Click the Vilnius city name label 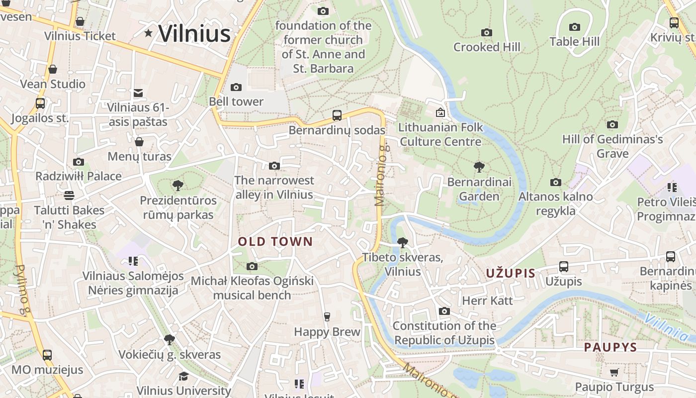194,33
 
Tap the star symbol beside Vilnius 148,33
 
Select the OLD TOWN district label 275,242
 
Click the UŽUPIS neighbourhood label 511,273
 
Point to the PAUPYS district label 610,347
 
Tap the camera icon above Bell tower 236,88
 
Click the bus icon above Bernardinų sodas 337,115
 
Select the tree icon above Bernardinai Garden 479,167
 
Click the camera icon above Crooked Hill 487,33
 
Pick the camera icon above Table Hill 575,27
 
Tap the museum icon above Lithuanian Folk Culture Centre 440,113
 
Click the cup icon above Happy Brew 327,317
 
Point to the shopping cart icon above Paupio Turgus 614,373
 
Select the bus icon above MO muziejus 47,355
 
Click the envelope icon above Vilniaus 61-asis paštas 138,93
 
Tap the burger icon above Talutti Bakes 69,195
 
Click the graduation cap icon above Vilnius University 183,376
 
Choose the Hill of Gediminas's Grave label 612,146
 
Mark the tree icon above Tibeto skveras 402,243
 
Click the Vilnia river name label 666,327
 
